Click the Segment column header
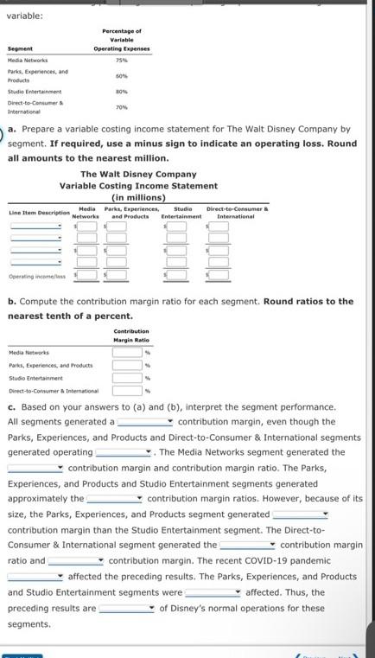click(x=20, y=48)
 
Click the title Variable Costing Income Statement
click(x=138, y=185)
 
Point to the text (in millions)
click(x=138, y=196)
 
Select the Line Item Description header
click(x=39, y=213)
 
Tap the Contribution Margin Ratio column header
click(x=131, y=335)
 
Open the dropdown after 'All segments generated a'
click(x=146, y=423)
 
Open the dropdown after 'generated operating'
click(x=124, y=453)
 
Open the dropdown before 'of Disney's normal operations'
click(x=126, y=609)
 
